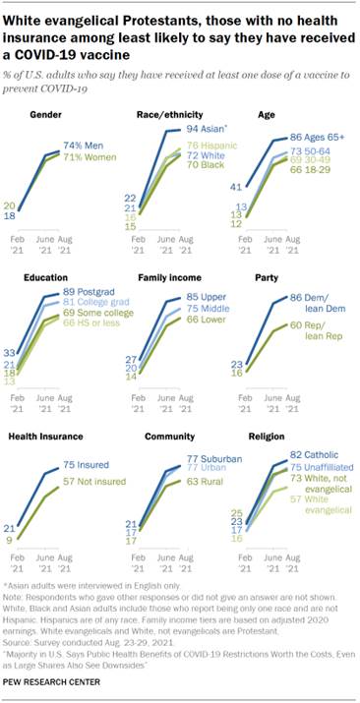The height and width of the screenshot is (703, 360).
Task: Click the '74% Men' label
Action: [x=84, y=145]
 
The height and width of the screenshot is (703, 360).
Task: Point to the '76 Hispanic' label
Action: [x=203, y=146]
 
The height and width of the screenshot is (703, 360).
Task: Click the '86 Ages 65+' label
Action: [x=314, y=137]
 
